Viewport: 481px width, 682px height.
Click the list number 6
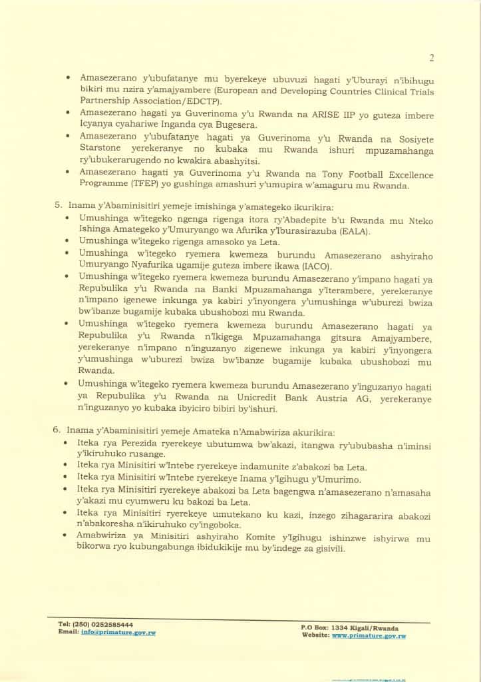(57, 430)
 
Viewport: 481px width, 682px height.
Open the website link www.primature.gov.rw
(369, 636)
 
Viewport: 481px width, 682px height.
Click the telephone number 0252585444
(107, 624)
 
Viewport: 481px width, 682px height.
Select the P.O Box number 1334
(341, 627)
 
